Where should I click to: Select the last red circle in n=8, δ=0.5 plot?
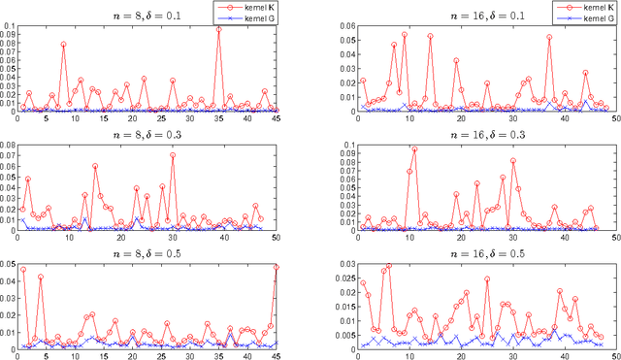277,267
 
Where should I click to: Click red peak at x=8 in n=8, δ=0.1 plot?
63,45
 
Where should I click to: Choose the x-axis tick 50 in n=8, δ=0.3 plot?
277,237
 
